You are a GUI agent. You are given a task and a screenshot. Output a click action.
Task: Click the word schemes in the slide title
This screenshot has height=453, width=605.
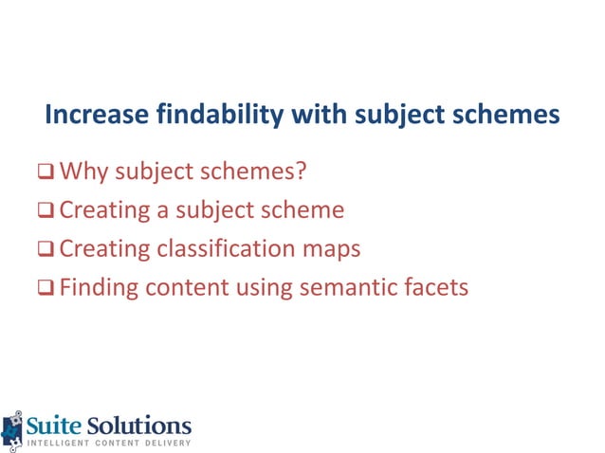tap(504, 116)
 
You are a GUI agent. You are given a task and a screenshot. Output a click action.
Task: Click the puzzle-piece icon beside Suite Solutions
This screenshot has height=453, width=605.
tap(11, 428)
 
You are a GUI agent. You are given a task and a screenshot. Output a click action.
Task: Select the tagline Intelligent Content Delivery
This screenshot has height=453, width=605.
tap(108, 444)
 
